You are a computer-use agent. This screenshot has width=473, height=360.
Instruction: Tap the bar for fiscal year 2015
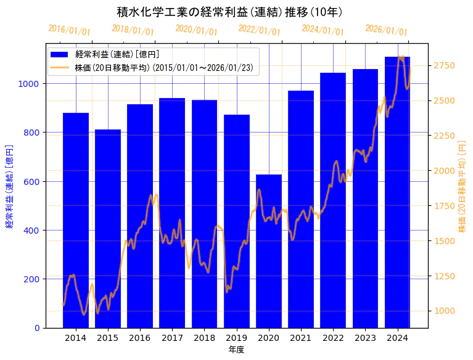[x=108, y=228]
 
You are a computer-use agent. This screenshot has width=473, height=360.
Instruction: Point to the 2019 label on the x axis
[x=236, y=338]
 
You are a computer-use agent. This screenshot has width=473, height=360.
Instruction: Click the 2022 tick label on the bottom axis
[x=333, y=338]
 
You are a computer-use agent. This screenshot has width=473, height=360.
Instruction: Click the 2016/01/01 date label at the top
[x=69, y=30]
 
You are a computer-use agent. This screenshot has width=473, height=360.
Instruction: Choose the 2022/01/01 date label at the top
[x=259, y=30]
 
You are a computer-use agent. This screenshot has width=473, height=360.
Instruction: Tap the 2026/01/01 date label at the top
[x=386, y=30]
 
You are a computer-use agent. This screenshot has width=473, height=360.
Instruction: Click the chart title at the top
[x=229, y=12]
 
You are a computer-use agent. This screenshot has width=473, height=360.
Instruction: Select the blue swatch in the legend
[x=61, y=54]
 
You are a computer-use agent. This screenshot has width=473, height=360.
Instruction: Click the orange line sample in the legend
[x=61, y=67]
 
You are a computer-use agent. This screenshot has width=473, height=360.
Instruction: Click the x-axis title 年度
[x=236, y=350]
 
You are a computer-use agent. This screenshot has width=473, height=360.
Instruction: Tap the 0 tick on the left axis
[x=38, y=328]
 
